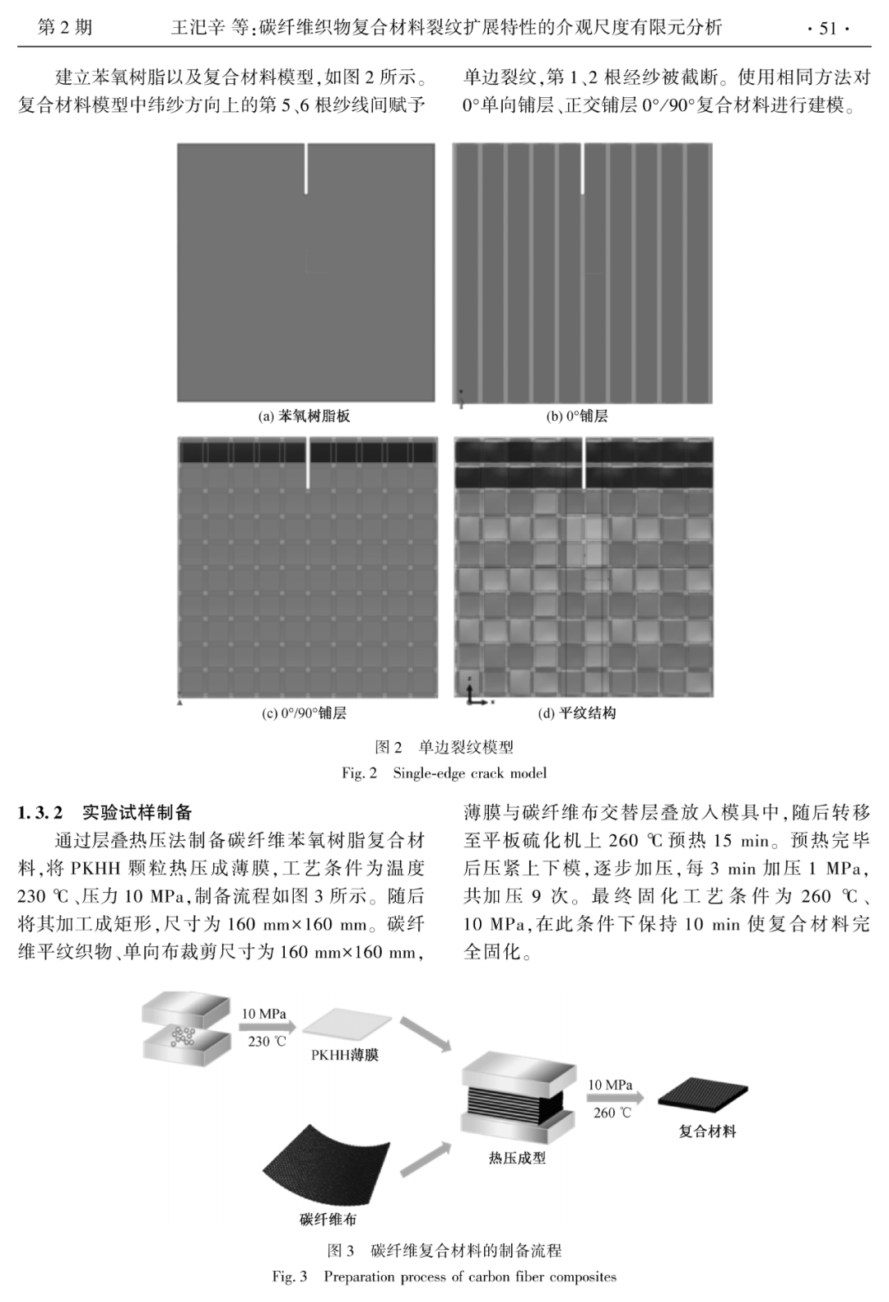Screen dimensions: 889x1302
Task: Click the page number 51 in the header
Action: pos(826,29)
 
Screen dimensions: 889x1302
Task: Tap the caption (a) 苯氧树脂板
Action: pos(305,417)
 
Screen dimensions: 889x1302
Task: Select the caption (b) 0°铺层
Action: pos(577,417)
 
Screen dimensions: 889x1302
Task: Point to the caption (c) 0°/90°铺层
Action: pos(304,713)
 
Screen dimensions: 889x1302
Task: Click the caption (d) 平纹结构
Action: pos(577,713)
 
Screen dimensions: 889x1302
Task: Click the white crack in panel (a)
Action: pos(305,170)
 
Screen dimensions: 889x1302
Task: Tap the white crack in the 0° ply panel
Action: pos(583,170)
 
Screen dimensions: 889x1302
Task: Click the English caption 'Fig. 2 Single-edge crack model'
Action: pos(444,773)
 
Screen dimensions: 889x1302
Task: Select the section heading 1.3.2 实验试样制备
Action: pos(105,813)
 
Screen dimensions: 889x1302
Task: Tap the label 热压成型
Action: pos(517,1158)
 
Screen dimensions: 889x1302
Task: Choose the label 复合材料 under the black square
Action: pos(707,1132)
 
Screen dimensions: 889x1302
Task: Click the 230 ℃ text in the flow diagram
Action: pos(267,1041)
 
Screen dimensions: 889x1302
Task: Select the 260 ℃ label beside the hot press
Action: pos(612,1113)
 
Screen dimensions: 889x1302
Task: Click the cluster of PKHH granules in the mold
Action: pos(183,1035)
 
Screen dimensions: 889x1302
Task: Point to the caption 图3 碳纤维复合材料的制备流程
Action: pos(444,1250)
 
